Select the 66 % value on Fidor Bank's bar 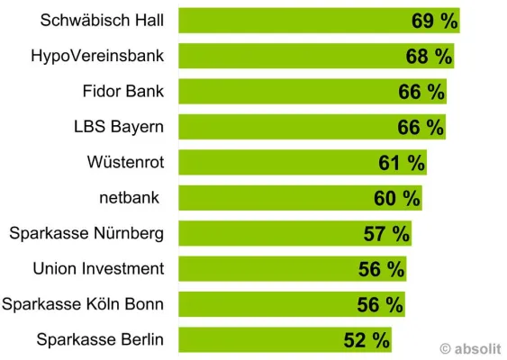(x=421, y=93)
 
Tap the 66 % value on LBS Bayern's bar (x=421, y=128)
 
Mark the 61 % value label (x=402, y=163)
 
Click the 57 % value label (x=386, y=234)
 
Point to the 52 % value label (x=367, y=340)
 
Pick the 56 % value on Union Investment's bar (x=381, y=269)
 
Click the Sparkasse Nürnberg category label (x=86, y=234)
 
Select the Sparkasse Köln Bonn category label (x=83, y=304)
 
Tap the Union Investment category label (x=98, y=269)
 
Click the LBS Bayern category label (x=119, y=127)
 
